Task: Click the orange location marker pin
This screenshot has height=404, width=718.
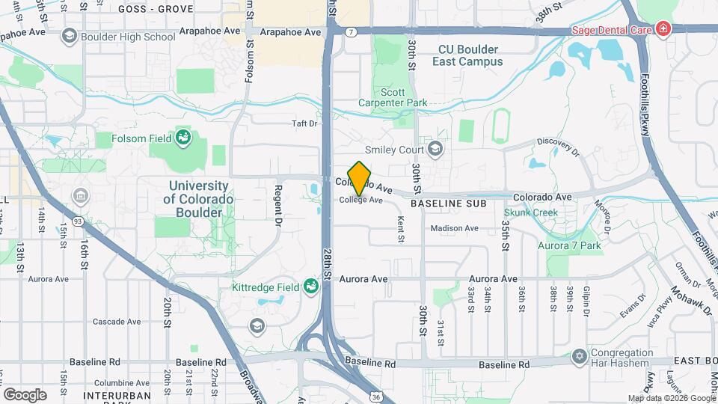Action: pyautogui.click(x=360, y=178)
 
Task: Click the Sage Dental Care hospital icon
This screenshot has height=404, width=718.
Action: pyautogui.click(x=663, y=30)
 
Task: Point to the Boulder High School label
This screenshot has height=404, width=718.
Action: pyautogui.click(x=129, y=36)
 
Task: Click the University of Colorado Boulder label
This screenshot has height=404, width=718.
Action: pyautogui.click(x=198, y=199)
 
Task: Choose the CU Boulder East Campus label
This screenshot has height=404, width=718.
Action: pyautogui.click(x=470, y=55)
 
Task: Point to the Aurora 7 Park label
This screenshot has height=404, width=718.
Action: pyautogui.click(x=569, y=245)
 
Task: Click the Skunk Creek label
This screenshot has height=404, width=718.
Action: pyautogui.click(x=530, y=213)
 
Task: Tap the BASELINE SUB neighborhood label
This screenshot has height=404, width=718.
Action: pyautogui.click(x=449, y=203)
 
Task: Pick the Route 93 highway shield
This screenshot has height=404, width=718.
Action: pyautogui.click(x=78, y=221)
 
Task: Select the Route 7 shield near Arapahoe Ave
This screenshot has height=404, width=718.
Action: pyautogui.click(x=351, y=32)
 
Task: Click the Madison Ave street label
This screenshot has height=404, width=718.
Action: pyautogui.click(x=455, y=228)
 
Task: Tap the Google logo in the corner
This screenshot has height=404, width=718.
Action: pyautogui.click(x=25, y=394)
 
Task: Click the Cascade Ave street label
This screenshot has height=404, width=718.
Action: pyautogui.click(x=117, y=322)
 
